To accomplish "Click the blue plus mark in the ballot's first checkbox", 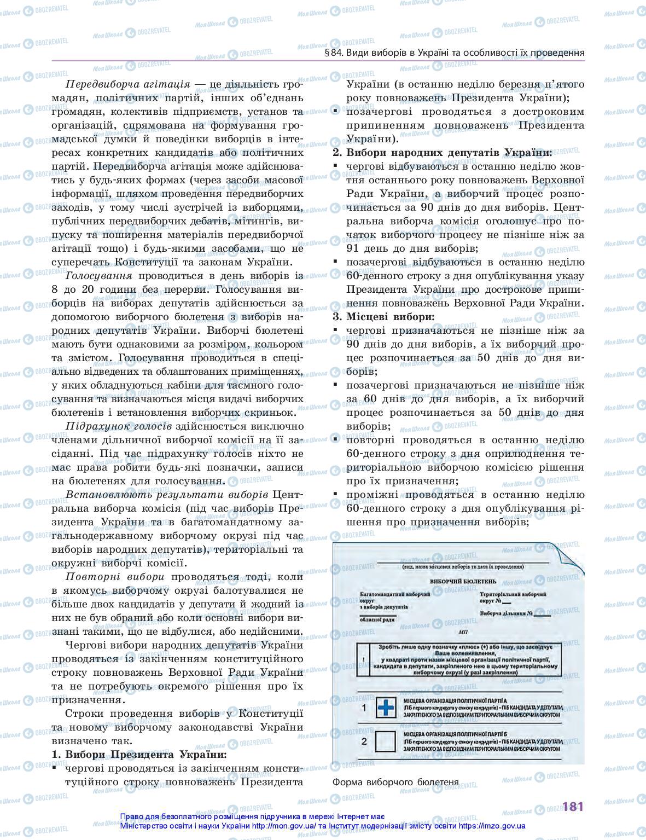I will [x=386, y=709].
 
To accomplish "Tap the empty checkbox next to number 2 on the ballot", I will [x=386, y=741].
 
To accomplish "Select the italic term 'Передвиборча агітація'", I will [x=127, y=84].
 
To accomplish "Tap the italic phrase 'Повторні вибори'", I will [x=114, y=577].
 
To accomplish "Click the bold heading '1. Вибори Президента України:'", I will [x=139, y=755].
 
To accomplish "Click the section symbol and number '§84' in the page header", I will [x=333, y=53].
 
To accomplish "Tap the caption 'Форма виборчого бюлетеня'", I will [x=395, y=782].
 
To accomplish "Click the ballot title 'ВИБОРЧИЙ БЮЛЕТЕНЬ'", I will [x=463, y=581].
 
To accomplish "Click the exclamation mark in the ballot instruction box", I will [x=363, y=661].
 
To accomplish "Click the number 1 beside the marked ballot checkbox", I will [x=364, y=708].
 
